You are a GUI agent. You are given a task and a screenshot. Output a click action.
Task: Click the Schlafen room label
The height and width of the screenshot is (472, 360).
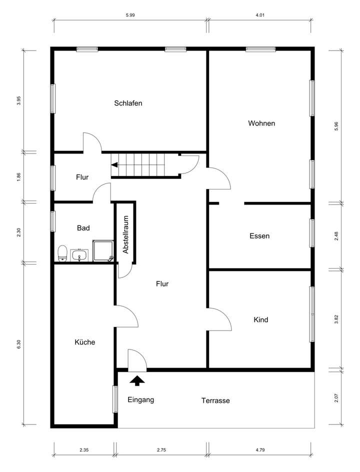(x=128, y=103)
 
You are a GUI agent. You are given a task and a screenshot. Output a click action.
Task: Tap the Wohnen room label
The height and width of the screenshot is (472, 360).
(x=261, y=123)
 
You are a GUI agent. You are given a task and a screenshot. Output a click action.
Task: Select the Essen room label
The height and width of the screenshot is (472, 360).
(x=259, y=236)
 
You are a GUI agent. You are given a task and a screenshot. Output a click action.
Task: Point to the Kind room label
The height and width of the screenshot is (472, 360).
(x=261, y=319)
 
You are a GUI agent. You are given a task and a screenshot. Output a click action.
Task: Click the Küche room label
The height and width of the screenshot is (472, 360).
(x=84, y=342)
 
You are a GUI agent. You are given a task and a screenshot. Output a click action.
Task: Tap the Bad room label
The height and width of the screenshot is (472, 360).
(x=83, y=228)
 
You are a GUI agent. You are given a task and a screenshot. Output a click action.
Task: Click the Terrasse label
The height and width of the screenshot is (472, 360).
(x=215, y=400)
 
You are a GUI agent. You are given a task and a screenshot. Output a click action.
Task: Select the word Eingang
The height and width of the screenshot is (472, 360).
(x=141, y=399)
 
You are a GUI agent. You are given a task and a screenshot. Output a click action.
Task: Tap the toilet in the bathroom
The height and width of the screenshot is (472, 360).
(x=62, y=253)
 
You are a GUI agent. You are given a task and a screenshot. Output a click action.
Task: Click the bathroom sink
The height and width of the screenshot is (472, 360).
(x=79, y=255)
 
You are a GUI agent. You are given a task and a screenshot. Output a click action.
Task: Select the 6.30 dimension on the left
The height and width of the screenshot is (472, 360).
(x=19, y=345)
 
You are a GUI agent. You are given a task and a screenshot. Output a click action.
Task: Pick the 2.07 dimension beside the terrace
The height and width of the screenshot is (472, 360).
(x=336, y=398)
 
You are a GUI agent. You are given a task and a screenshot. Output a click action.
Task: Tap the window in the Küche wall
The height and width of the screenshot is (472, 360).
(x=115, y=398)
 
